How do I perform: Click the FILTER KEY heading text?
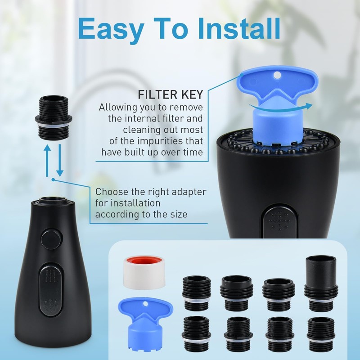coord(171,95)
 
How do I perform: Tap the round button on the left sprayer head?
coord(51,238)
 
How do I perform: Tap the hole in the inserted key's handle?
coord(277,74)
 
